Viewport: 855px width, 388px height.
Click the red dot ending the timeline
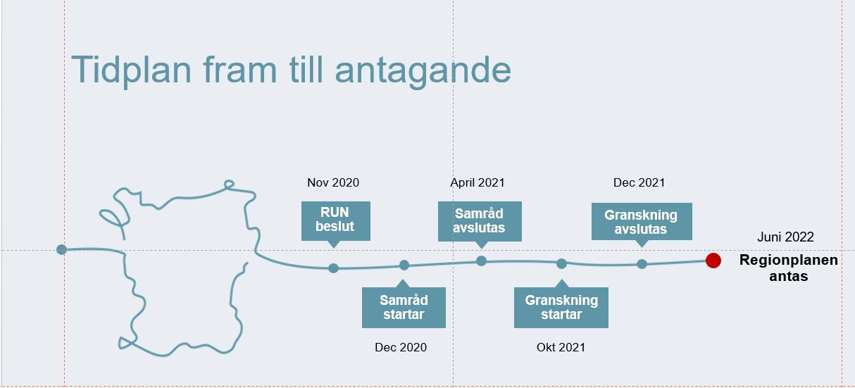click(713, 261)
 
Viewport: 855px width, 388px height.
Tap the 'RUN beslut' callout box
click(335, 221)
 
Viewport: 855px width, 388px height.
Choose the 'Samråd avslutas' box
click(480, 222)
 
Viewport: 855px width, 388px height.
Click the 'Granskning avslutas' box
click(642, 222)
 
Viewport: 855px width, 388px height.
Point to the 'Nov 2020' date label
click(333, 183)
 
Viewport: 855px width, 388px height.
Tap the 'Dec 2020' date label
click(401, 347)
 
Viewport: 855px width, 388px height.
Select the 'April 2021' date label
click(478, 183)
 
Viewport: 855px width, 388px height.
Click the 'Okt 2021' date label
click(561, 347)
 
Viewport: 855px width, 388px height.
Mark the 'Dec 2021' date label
click(639, 183)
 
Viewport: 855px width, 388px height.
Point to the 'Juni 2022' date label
click(785, 237)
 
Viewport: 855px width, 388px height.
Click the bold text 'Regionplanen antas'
click(789, 268)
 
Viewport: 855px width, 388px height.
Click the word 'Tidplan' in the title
click(131, 70)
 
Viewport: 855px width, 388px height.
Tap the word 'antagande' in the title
click(423, 71)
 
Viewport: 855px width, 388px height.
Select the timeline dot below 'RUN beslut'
click(333, 268)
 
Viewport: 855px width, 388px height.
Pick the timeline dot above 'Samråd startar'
click(404, 265)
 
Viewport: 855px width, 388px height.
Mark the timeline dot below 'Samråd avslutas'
click(481, 261)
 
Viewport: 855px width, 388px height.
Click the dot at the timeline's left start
click(61, 249)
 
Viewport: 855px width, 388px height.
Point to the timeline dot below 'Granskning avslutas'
click(642, 263)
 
